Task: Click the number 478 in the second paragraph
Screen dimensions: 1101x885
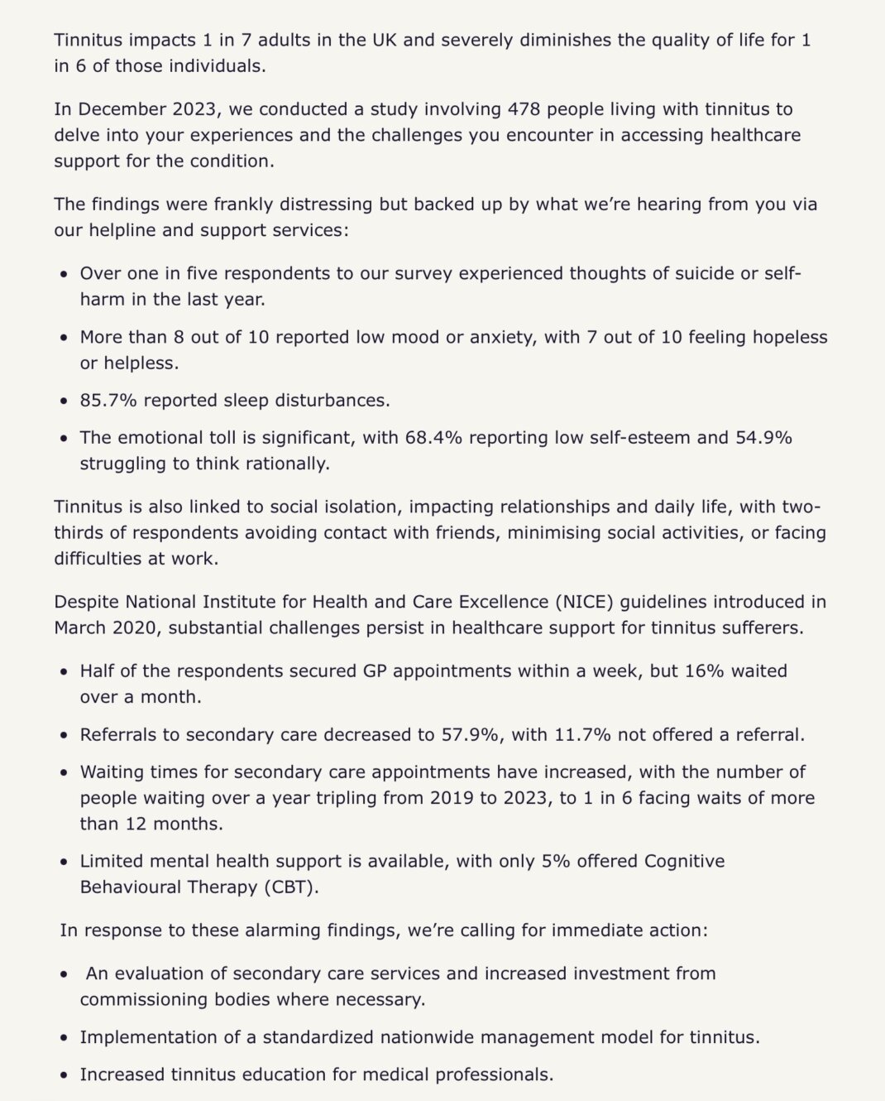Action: [524, 109]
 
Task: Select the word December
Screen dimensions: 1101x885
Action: [122, 109]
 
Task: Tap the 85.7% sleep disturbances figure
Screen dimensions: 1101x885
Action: [108, 401]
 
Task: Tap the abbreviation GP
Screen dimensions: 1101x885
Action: [375, 671]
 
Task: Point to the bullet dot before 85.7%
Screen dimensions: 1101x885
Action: [64, 401]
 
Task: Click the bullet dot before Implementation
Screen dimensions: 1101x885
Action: [64, 1038]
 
